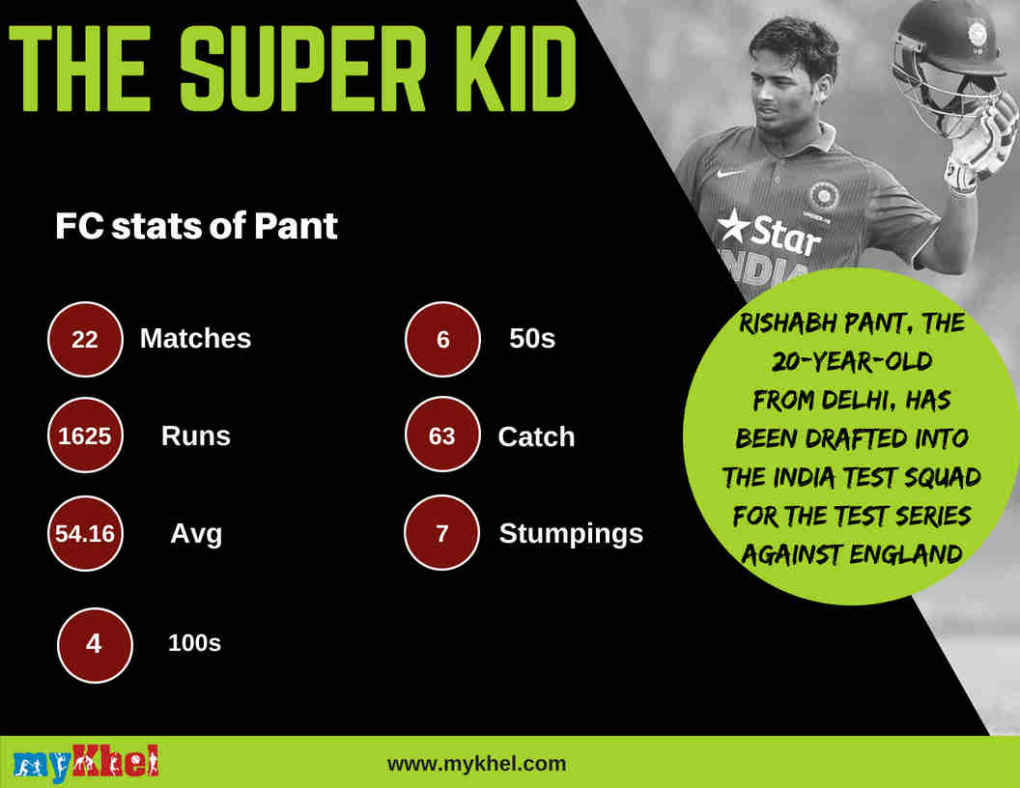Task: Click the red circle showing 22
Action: pos(85,339)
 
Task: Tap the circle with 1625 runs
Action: pos(85,436)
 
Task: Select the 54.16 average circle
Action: pos(85,534)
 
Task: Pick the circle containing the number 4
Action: pos(94,643)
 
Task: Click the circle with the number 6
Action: pos(442,339)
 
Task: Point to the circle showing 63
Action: pos(442,436)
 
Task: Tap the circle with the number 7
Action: pos(442,534)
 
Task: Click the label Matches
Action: pos(195,339)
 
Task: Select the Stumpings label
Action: pos(571,534)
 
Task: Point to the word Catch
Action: pos(536,436)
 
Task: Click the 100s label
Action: pos(194,643)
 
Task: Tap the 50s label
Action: pos(532,339)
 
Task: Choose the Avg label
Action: pos(196,534)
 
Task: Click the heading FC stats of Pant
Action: pos(196,227)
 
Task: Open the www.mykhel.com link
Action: pos(476,764)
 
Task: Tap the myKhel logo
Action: pos(86,764)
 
